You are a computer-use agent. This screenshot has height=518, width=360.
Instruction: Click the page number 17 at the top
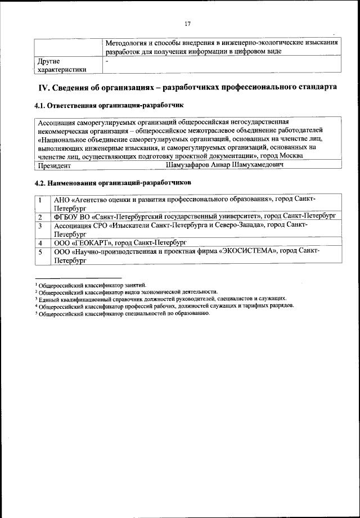tap(187, 24)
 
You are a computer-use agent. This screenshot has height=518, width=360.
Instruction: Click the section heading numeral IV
tap(42, 88)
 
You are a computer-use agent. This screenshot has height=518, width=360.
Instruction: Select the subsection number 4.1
tap(41, 105)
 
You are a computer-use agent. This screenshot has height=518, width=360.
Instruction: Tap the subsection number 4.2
tap(41, 183)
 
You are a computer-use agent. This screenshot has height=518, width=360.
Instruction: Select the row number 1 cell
tap(40, 200)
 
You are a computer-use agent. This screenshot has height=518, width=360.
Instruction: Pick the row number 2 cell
tap(40, 216)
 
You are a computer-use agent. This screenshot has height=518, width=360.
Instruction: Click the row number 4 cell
tap(40, 243)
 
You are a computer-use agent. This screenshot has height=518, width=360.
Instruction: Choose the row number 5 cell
tap(40, 252)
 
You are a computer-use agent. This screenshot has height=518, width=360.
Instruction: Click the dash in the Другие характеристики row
tap(107, 60)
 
